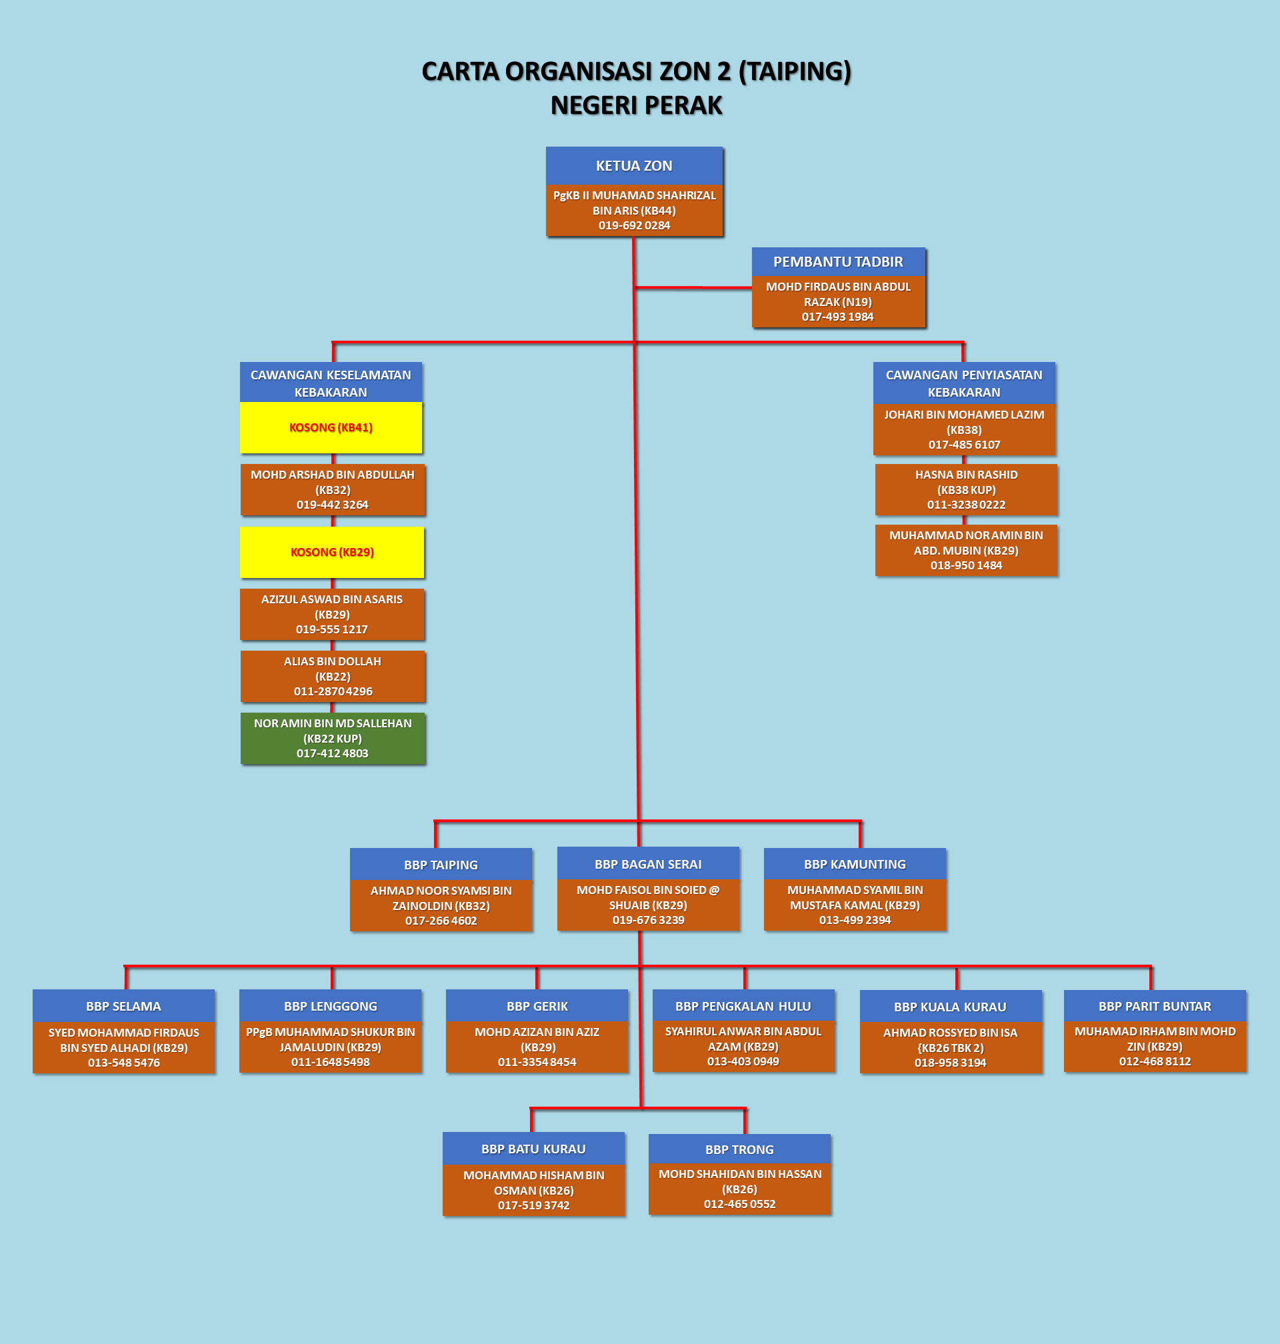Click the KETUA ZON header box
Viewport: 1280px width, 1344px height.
634,166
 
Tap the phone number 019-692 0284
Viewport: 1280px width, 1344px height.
634,226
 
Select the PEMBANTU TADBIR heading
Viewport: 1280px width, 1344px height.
838,262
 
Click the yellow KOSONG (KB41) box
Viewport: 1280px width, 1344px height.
331,428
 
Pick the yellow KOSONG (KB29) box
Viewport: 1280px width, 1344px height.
332,552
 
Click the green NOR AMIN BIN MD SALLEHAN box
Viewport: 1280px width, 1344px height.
333,738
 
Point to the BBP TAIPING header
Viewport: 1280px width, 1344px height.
441,865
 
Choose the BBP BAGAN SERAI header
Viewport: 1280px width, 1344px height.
648,865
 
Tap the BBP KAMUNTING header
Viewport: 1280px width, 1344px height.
855,865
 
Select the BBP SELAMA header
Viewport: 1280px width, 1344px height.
123,1006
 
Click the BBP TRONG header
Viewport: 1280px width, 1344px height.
739,1149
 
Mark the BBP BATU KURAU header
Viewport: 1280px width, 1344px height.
533,1149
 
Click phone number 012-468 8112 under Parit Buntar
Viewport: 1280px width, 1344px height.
1155,1061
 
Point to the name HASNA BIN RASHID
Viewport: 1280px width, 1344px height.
966,475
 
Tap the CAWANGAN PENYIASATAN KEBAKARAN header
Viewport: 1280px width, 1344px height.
964,383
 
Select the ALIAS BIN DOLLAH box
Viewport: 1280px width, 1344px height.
333,676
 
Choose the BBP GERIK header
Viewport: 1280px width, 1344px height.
537,1006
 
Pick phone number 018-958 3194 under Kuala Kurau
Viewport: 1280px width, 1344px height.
951,1063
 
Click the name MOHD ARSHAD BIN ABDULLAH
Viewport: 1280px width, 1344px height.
332,475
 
